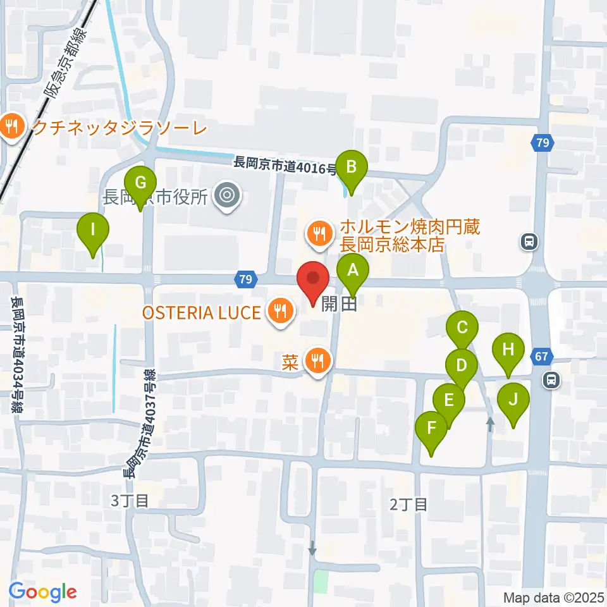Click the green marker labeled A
[x=353, y=272]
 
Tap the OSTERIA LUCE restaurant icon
[x=279, y=311]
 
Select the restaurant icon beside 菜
[x=316, y=361]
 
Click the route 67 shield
[x=541, y=357]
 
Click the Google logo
[x=42, y=591]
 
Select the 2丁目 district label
[x=408, y=504]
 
